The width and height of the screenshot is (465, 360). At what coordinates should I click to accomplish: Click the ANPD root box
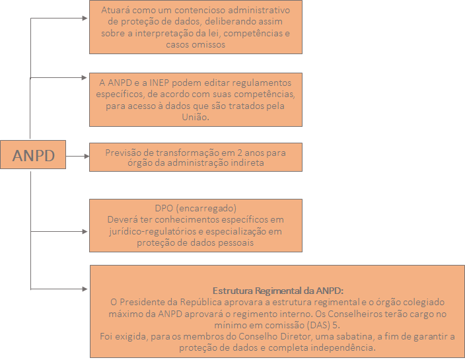pos(33,155)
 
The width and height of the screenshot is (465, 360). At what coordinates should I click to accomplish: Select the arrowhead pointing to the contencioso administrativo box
pos(85,18)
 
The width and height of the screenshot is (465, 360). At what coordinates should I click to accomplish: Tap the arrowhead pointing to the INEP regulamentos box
pos(85,78)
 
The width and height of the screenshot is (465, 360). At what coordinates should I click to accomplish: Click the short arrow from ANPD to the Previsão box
pos(77,156)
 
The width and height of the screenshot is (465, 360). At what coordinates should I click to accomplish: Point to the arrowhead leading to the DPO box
pos(85,231)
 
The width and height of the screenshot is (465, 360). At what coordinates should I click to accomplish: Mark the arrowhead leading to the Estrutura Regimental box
pos(85,289)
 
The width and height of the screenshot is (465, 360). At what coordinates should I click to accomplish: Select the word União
pos(196,117)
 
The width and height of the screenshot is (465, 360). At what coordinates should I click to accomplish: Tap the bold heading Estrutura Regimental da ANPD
pos(278,291)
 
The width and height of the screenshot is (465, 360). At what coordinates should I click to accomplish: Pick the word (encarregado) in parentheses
pos(206,209)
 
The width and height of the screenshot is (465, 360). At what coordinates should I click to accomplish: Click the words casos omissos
pos(196,44)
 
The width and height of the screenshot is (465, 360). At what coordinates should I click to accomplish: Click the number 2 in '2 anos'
pos(240,153)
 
